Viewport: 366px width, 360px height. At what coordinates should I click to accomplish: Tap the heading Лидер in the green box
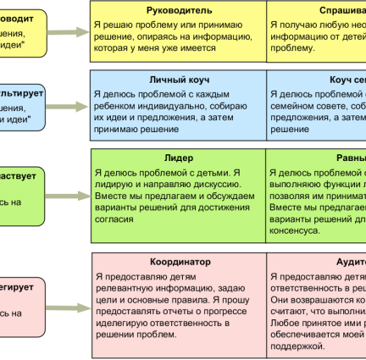(178, 158)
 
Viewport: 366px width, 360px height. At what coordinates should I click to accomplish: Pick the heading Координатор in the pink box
(179, 263)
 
